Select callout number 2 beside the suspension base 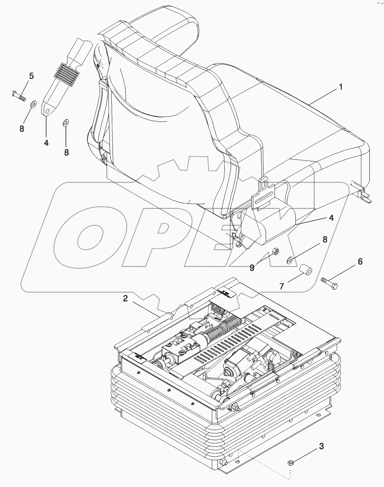tap(125, 299)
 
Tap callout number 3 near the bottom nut tap(322, 447)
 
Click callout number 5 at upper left tap(32, 76)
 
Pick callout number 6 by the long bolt tap(360, 261)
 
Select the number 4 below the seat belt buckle tap(46, 143)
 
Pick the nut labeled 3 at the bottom tap(289, 462)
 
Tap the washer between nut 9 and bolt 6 tap(290, 260)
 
